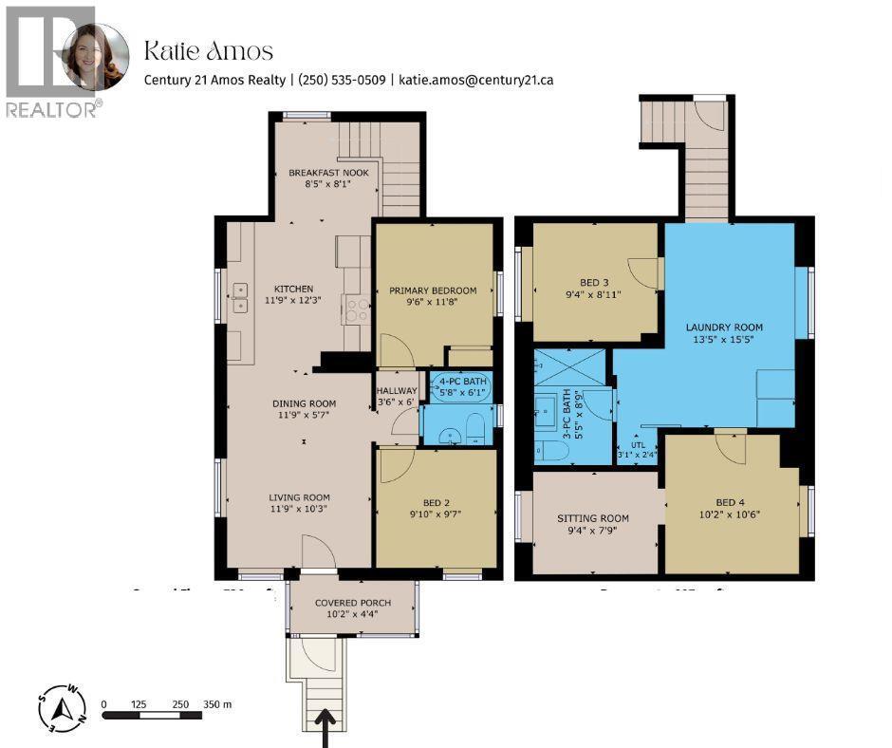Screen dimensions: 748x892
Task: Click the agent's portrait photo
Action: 95,57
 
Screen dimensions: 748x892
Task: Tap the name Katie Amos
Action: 208,50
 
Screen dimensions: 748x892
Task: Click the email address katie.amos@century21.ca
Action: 476,81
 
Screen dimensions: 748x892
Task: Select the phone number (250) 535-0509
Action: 342,81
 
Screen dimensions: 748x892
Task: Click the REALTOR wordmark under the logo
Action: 53,109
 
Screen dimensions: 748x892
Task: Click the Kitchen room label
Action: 293,290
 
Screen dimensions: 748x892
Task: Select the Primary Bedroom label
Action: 433,290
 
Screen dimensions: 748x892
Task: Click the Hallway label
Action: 397,390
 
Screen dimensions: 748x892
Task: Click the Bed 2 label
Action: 437,503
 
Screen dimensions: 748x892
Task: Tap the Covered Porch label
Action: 351,603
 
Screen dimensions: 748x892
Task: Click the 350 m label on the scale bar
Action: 218,704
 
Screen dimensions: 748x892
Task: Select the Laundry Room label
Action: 724,327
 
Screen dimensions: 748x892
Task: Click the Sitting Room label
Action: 592,518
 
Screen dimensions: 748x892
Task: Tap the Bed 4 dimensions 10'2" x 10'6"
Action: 731,515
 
